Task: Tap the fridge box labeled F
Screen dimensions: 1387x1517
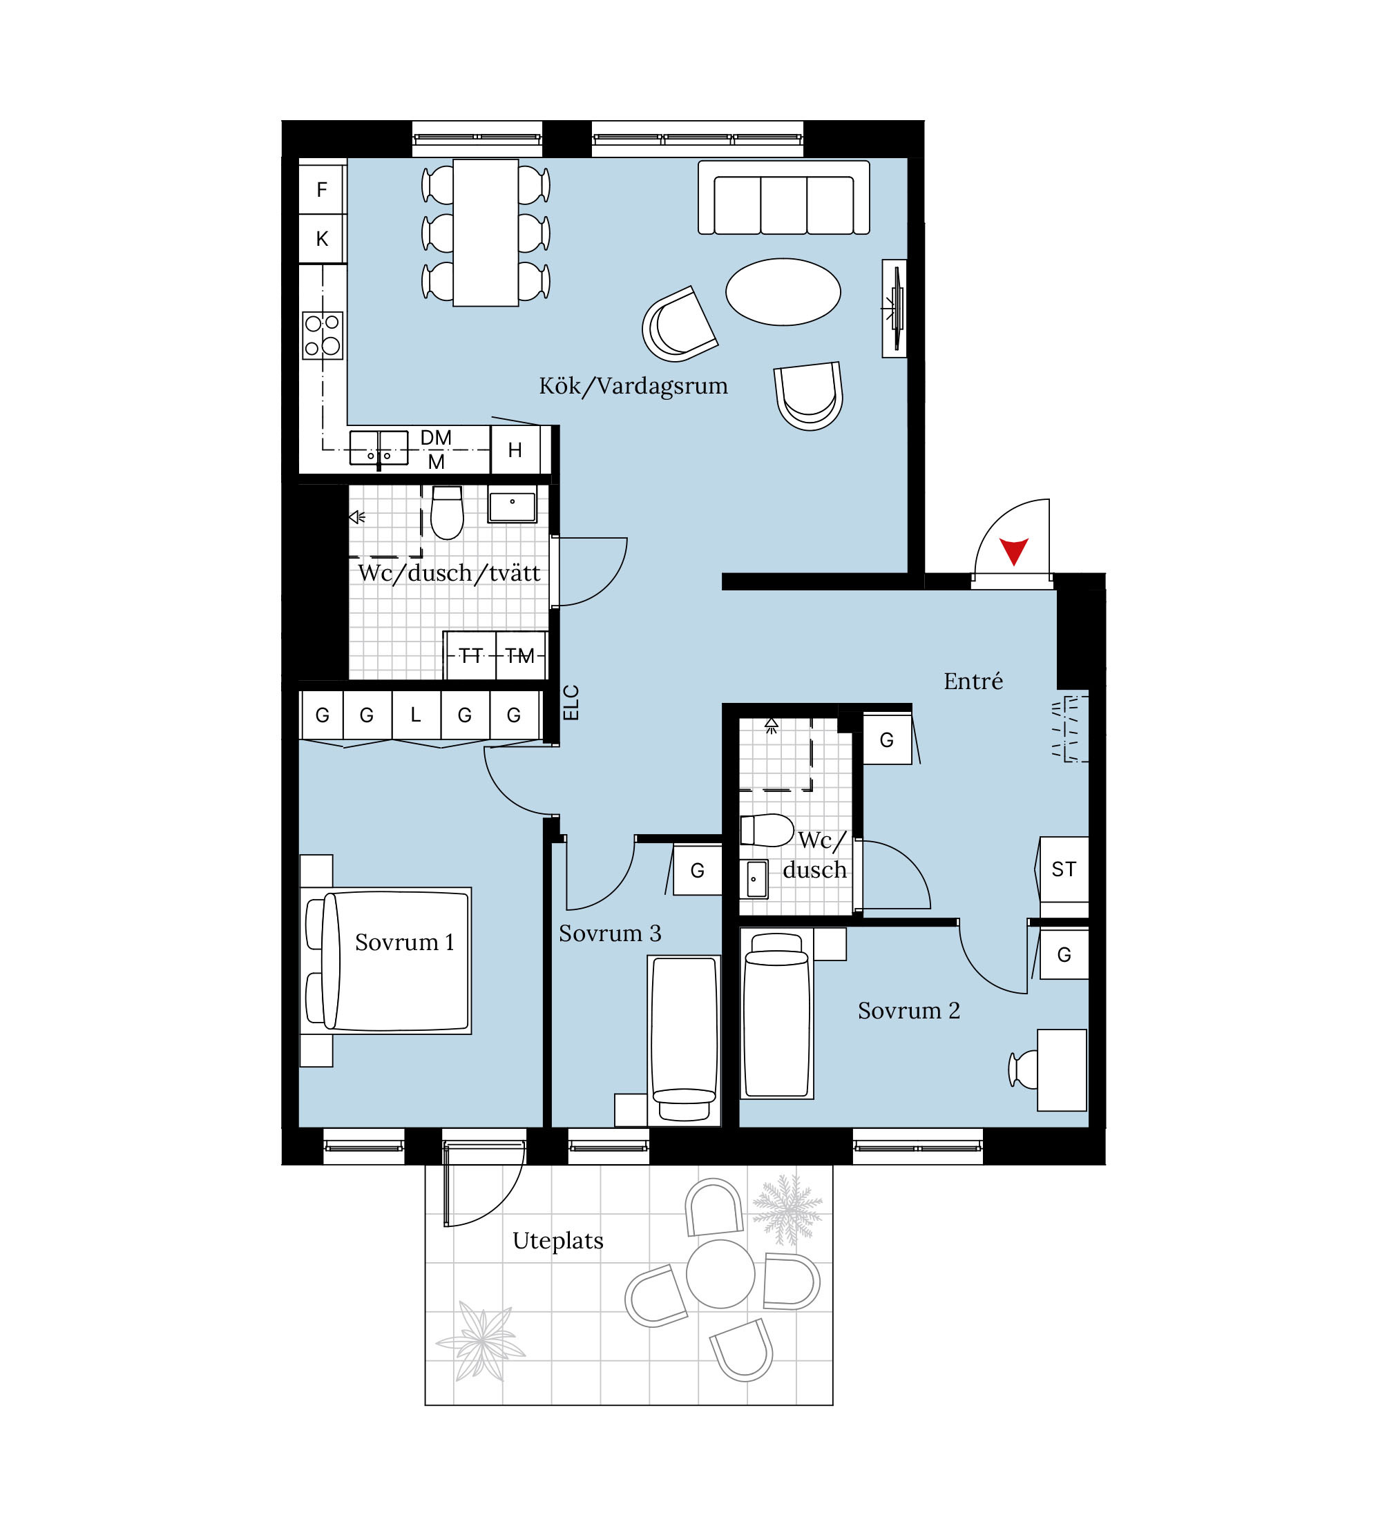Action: click(322, 190)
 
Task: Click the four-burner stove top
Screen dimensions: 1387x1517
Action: click(323, 335)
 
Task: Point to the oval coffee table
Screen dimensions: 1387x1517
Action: click(783, 292)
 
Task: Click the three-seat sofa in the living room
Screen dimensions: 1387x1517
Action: click(783, 197)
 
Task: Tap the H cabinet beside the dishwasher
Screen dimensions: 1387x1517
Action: click(515, 450)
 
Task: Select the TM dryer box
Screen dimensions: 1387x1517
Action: click(520, 655)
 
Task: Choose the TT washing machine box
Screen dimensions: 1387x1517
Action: click(470, 655)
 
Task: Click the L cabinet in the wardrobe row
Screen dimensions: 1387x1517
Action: click(415, 715)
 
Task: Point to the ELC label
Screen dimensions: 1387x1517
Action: click(571, 702)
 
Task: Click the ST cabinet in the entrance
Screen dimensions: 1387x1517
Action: click(1064, 869)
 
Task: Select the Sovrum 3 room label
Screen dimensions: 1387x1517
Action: click(610, 934)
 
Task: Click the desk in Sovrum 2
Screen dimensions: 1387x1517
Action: click(1062, 1070)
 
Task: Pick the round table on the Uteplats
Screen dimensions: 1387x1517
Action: click(720, 1274)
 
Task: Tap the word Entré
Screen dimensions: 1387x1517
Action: click(973, 681)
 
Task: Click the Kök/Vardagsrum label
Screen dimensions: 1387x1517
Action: click(633, 386)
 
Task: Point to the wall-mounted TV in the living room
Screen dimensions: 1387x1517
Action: click(895, 309)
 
